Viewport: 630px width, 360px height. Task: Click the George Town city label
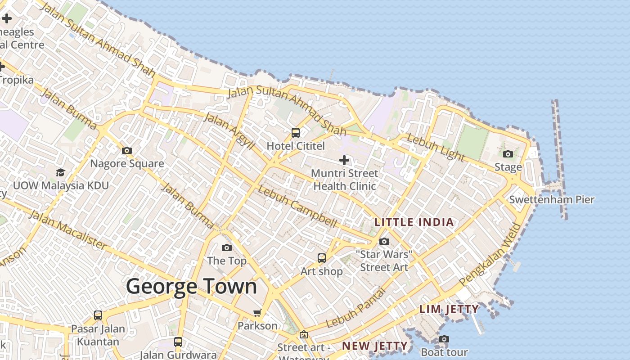(191, 287)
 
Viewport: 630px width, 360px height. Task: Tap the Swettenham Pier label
(552, 199)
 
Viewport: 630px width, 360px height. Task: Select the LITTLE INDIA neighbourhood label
(414, 222)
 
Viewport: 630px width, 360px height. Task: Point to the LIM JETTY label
(449, 309)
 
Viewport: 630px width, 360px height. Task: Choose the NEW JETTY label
(375, 346)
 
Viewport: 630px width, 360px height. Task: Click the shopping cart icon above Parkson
(257, 313)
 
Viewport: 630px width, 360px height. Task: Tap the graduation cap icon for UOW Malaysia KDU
(60, 172)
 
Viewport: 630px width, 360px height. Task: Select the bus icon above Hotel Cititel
(296, 133)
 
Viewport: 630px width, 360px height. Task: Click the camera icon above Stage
(508, 154)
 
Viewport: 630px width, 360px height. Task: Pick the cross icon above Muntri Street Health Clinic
(344, 160)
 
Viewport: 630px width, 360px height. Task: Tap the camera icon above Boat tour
(444, 339)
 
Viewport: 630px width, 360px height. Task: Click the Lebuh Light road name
(435, 148)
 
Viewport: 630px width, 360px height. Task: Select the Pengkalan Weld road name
(490, 255)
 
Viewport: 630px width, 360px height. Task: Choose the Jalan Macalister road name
(68, 229)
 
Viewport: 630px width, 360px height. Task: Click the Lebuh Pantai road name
(356, 308)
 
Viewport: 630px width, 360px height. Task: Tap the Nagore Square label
(127, 163)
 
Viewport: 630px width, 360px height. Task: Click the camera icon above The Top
(227, 248)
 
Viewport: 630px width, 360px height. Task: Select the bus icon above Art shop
(322, 258)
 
